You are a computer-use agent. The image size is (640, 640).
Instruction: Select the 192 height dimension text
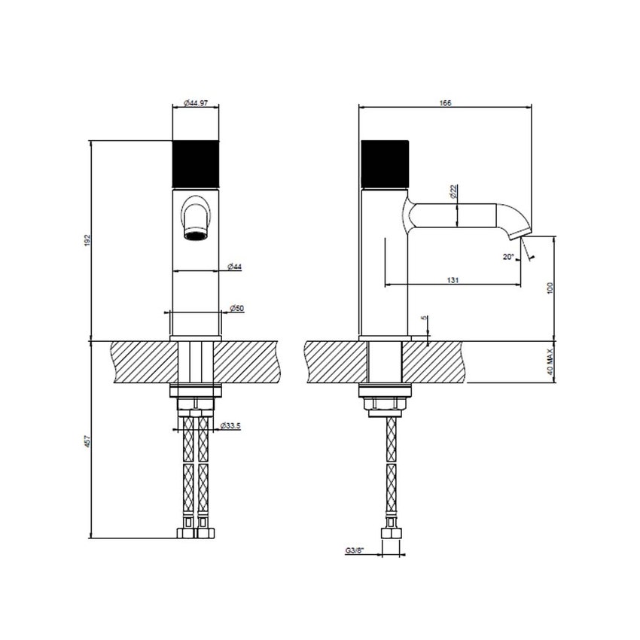(87, 239)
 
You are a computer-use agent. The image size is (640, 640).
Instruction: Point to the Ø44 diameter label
(235, 267)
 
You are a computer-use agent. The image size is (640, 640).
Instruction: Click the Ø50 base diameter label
(235, 309)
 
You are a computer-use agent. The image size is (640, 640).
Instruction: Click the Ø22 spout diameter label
(455, 192)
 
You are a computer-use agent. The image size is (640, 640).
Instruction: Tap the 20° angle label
(509, 257)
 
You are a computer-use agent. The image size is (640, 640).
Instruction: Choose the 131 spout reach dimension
(453, 280)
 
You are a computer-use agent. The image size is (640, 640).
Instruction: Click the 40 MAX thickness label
(551, 362)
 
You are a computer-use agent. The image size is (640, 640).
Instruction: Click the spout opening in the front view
(196, 234)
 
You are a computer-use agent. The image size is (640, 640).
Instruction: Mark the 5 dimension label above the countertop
(425, 319)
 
